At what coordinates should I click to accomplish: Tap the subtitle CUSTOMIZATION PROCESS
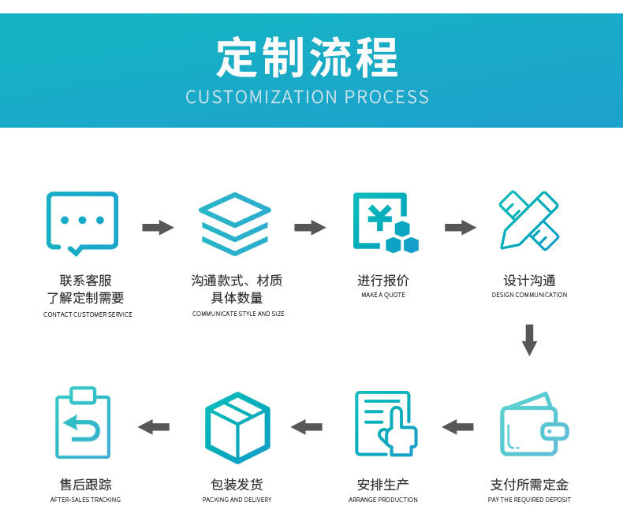point(308,97)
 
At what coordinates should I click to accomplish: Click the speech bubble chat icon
point(82,223)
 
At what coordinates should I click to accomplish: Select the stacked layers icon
point(235,223)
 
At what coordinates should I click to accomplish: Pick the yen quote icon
point(384,223)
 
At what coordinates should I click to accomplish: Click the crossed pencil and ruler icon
point(529,220)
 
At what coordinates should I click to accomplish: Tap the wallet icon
point(533,425)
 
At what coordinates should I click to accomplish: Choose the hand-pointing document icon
point(385,424)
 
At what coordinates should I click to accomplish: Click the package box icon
point(237,426)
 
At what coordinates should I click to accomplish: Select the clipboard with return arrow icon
point(82,423)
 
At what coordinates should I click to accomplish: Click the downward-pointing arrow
point(529,339)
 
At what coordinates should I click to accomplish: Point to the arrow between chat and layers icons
point(158,228)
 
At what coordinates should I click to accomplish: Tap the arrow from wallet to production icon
point(457,427)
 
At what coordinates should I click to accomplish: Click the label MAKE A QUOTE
point(383,295)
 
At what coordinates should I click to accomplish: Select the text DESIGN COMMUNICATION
point(529,295)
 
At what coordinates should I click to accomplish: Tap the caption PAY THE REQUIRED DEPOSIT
point(529,500)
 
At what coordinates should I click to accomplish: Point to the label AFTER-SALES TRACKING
point(85,500)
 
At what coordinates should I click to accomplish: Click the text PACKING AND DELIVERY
point(237,500)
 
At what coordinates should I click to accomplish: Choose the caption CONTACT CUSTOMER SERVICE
point(88,314)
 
